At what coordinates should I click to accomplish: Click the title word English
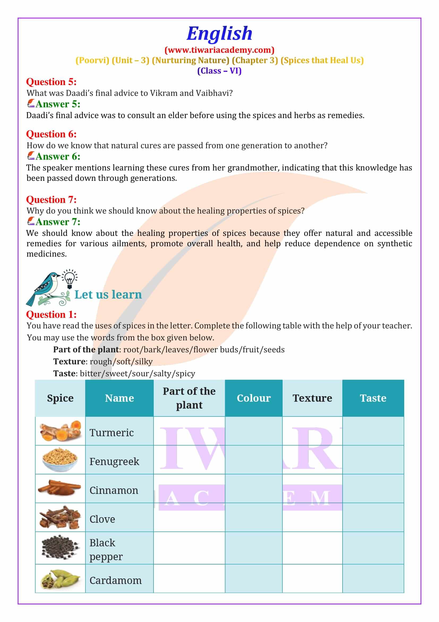pos(219,33)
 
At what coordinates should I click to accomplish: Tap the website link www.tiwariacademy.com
pos(219,50)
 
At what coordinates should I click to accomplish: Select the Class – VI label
pos(219,71)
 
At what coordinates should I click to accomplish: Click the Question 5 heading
pos(51,82)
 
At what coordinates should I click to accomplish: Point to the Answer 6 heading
pos(58,156)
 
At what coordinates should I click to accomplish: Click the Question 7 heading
pos(51,199)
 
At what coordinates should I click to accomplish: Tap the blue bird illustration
pos(45,289)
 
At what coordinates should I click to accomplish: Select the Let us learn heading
pos(108,294)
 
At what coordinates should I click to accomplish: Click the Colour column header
pos(253,398)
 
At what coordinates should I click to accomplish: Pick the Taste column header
pos(373,398)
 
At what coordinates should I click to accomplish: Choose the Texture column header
pos(312,398)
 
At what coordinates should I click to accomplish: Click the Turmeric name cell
pos(112,433)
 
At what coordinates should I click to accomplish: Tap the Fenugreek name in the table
pos(114,461)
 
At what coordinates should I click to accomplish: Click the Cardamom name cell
pos(116,580)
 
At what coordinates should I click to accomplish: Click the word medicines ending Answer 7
pos(46,254)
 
